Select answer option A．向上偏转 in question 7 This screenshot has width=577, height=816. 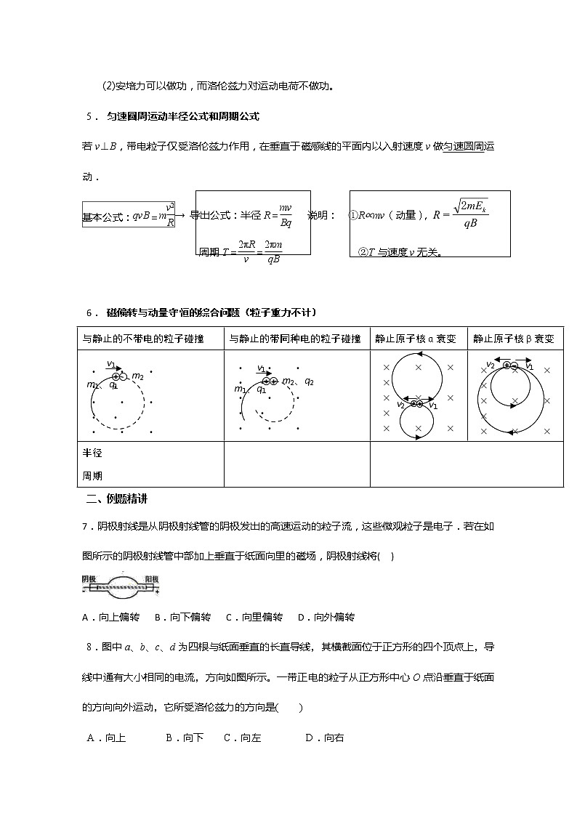(x=111, y=617)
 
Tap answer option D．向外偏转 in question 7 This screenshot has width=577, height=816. (x=326, y=617)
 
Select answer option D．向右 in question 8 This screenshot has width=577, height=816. (x=325, y=738)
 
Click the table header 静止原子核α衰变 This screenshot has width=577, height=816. (x=416, y=339)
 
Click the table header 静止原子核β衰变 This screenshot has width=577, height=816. (x=514, y=339)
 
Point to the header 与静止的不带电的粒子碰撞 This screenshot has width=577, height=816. (x=143, y=339)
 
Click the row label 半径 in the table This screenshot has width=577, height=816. (x=92, y=453)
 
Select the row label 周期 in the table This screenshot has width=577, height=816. (x=92, y=476)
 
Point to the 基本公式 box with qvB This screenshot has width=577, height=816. (x=129, y=215)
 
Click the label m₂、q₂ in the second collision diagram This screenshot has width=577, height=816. (x=299, y=381)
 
